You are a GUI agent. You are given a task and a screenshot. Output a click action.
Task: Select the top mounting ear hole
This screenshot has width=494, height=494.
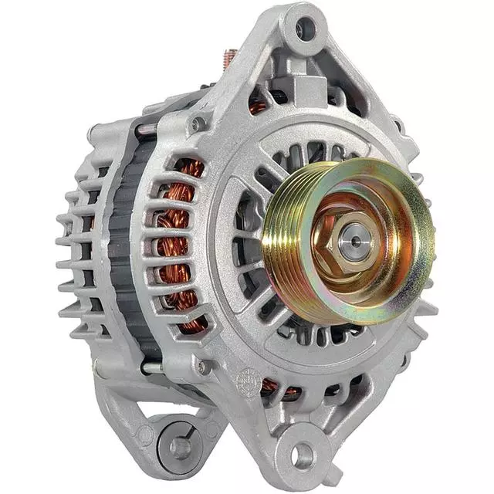(305, 29)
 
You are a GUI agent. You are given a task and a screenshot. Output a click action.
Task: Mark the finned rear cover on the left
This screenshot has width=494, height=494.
(77, 239)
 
